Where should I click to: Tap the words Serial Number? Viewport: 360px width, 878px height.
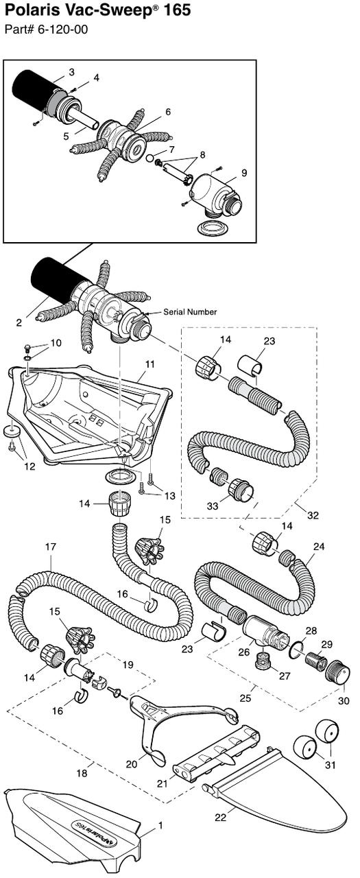[190, 312]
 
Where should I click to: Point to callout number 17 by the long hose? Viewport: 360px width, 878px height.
[50, 547]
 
